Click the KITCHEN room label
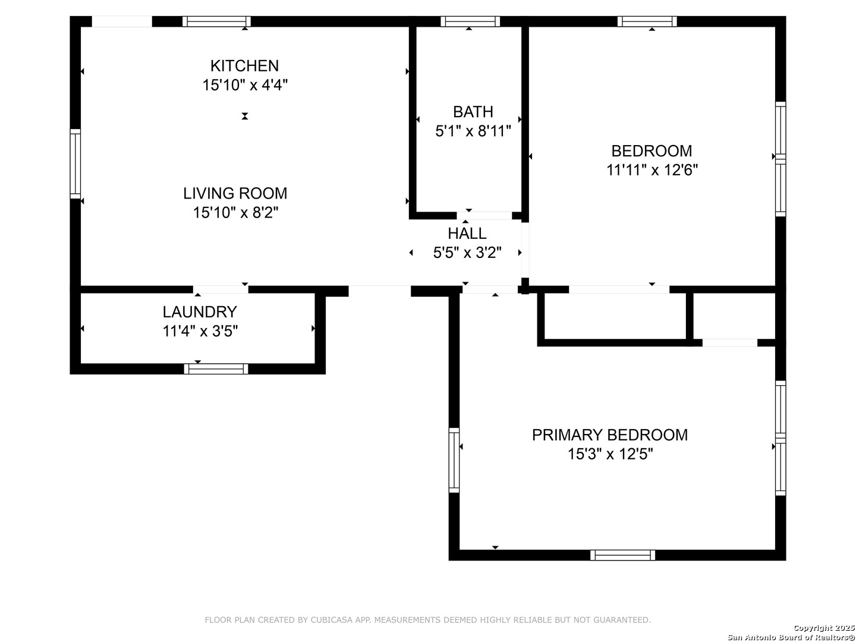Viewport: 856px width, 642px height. [x=244, y=66]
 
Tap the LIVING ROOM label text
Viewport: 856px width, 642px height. [x=235, y=193]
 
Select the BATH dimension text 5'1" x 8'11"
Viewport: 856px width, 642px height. [x=473, y=131]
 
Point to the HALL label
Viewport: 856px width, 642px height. [x=467, y=234]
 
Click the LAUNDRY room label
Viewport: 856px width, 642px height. [x=200, y=312]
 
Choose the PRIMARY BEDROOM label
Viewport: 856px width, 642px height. [x=610, y=435]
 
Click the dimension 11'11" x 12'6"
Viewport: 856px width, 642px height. [x=652, y=170]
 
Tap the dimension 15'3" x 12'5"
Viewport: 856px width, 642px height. [x=610, y=454]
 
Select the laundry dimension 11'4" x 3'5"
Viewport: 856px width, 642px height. [x=200, y=331]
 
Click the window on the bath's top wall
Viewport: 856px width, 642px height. [x=470, y=21]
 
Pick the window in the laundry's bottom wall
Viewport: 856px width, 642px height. [x=216, y=369]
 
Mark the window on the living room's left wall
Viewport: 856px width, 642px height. [x=75, y=163]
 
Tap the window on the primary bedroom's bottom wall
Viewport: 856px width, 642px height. [x=623, y=555]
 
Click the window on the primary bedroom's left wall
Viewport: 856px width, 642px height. [x=454, y=460]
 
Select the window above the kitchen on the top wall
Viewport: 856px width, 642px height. [x=216, y=21]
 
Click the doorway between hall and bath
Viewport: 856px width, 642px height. [x=484, y=216]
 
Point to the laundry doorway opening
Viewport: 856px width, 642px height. [x=221, y=289]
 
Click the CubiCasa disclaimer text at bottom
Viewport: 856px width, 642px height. [x=428, y=620]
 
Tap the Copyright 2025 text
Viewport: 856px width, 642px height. [x=824, y=628]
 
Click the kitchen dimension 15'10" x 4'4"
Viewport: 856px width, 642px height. [x=245, y=85]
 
